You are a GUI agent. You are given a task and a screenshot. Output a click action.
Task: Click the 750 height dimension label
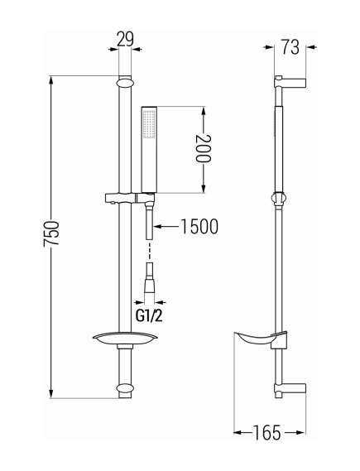tap(50, 234)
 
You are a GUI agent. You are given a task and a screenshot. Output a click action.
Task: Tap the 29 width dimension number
tap(125, 39)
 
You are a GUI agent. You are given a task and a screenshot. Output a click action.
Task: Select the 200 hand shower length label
tap(204, 149)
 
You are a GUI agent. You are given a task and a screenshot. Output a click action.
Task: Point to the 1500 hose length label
tap(199, 226)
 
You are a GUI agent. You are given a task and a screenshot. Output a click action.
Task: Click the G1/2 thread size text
tap(149, 316)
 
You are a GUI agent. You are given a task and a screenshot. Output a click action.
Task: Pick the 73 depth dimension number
tap(290, 46)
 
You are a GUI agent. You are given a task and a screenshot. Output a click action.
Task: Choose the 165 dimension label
tap(266, 433)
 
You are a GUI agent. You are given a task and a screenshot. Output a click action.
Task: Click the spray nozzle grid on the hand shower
tap(149, 125)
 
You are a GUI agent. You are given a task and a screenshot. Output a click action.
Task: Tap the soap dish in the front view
tap(125, 338)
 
